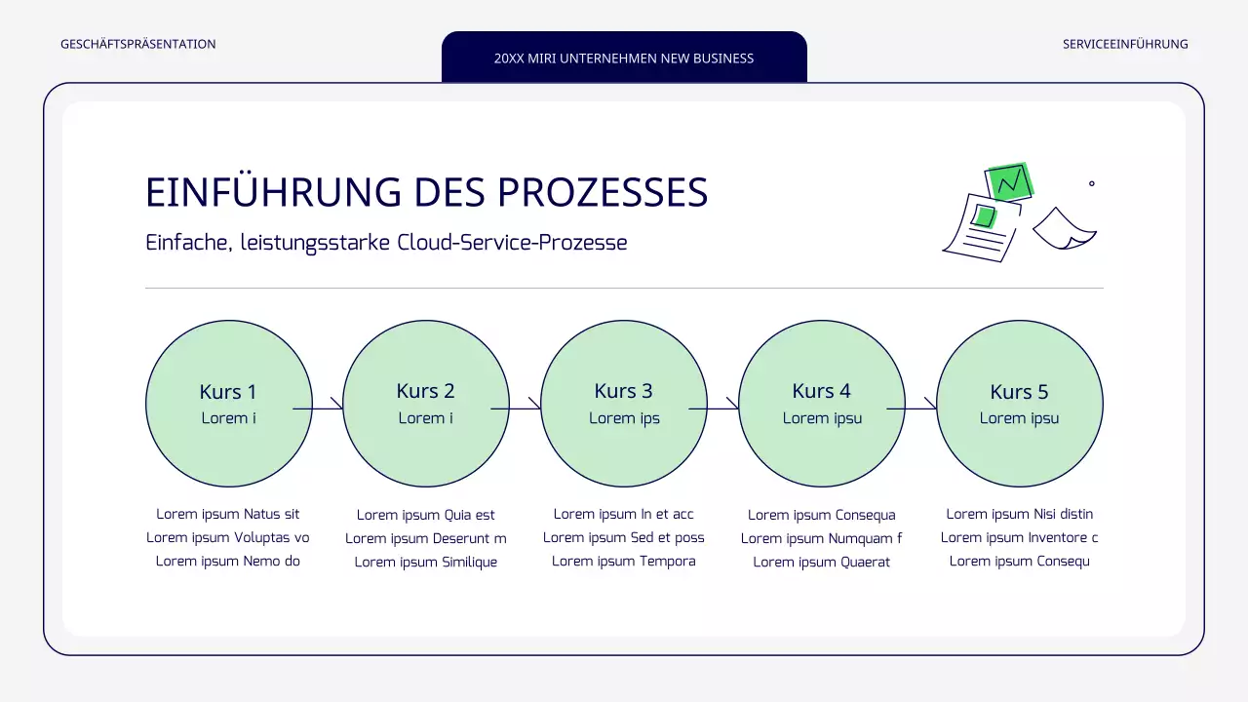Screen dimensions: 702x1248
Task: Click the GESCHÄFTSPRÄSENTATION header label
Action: tap(138, 44)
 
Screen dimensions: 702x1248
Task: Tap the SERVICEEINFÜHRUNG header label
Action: tap(1125, 44)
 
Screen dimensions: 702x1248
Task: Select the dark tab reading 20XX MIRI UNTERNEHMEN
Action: tap(624, 58)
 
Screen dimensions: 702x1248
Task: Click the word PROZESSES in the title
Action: tap(603, 193)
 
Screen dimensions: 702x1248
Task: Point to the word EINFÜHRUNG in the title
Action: tap(273, 193)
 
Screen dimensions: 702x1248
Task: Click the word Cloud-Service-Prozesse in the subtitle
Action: tap(512, 243)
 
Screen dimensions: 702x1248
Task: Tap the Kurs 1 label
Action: tap(228, 392)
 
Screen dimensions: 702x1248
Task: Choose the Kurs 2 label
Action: tap(425, 391)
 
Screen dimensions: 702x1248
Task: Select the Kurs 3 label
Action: tap(623, 391)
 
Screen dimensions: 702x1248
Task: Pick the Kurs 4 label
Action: tap(821, 391)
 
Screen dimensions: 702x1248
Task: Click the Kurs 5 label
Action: tap(1019, 392)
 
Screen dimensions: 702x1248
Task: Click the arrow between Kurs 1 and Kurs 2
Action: tap(319, 408)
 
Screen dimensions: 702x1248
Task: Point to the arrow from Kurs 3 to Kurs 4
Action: tap(715, 408)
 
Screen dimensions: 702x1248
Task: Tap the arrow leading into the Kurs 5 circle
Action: tap(913, 408)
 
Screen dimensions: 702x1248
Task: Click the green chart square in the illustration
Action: tap(1009, 181)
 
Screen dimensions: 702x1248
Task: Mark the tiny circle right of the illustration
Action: tap(1091, 183)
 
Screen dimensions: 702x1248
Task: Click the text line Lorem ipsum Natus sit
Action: tap(228, 514)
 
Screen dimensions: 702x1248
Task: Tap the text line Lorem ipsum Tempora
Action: tap(624, 561)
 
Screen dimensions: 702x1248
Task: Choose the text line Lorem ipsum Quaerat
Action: tap(821, 562)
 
